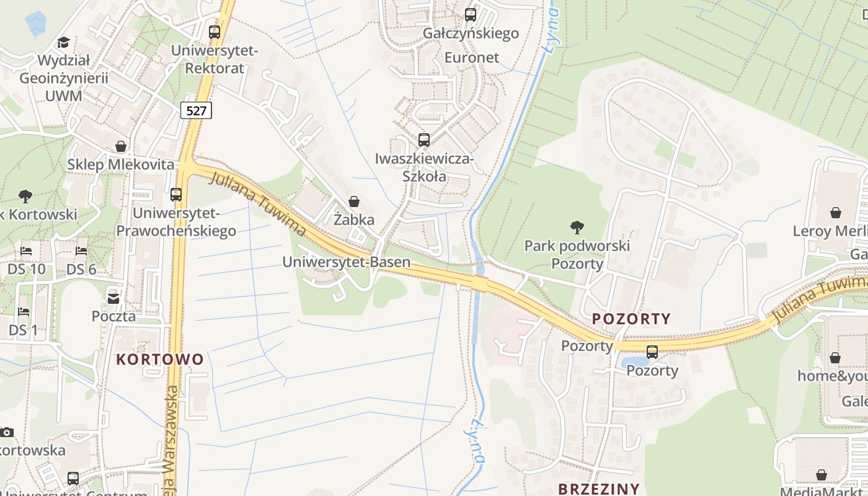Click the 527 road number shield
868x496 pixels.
197,110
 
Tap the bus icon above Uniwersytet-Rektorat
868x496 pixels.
215,32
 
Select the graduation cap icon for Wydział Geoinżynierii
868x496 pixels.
63,42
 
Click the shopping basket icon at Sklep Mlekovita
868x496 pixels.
121,146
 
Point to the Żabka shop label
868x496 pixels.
354,219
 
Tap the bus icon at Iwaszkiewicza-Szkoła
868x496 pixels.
424,140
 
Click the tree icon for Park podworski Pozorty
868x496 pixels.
577,228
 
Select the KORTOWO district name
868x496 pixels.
160,360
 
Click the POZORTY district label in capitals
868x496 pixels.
631,319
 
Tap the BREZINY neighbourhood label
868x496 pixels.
598,489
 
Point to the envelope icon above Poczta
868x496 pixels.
113,298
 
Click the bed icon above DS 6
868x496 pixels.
81,251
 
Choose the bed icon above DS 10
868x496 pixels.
26,251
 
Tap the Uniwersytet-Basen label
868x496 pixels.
346,262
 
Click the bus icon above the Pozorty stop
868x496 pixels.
652,352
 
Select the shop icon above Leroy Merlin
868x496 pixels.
836,213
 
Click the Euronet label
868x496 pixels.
471,58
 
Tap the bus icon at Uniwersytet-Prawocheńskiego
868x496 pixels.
176,195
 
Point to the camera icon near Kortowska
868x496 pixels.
6,432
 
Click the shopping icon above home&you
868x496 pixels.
835,358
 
